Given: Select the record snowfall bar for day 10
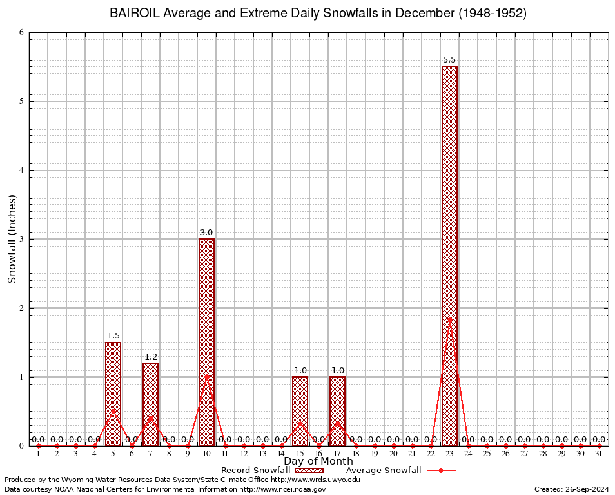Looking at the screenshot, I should (x=206, y=342).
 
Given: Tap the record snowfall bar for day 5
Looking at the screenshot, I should (x=113, y=393).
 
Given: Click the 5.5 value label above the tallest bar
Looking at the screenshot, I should (x=449, y=60).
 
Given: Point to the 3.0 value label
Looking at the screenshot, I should (x=206, y=233).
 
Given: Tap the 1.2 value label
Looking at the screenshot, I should (x=150, y=357).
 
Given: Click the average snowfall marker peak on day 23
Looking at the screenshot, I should (x=449, y=320).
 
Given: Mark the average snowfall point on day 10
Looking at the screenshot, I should (x=206, y=377).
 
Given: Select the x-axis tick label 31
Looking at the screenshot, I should (x=600, y=454).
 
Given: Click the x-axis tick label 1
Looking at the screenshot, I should (x=38, y=454).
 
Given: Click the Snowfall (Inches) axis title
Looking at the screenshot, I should (x=12, y=238).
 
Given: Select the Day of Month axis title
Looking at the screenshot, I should (x=318, y=461).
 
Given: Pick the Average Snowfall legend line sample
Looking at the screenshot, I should (x=441, y=471).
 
